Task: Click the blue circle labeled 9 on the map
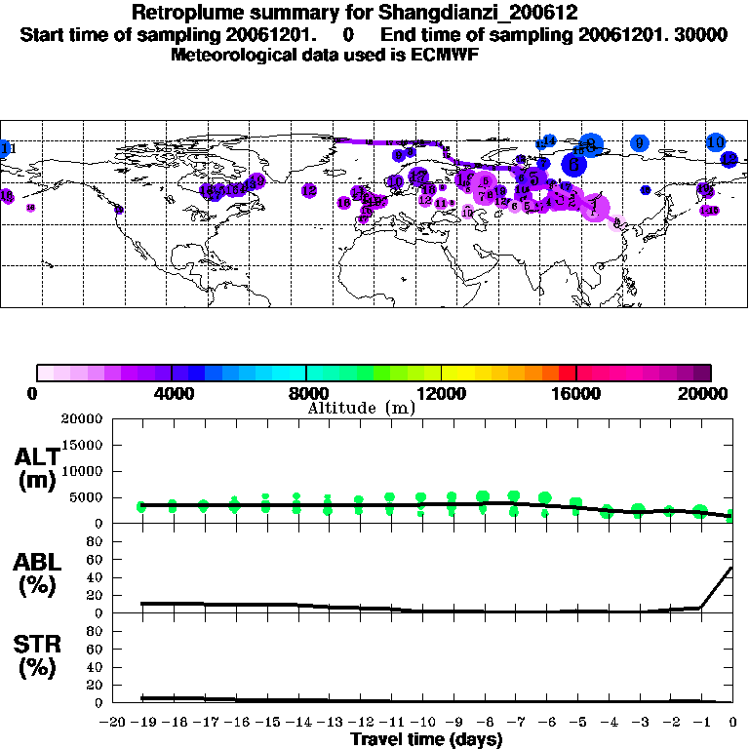pos(640,143)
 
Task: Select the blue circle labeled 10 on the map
pos(716,142)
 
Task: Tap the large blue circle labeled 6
pos(575,166)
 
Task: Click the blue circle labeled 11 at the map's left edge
pos(6,148)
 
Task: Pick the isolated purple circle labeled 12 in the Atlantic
pos(309,191)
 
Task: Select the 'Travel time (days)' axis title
pos(426,740)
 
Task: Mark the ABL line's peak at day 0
pos(731,568)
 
